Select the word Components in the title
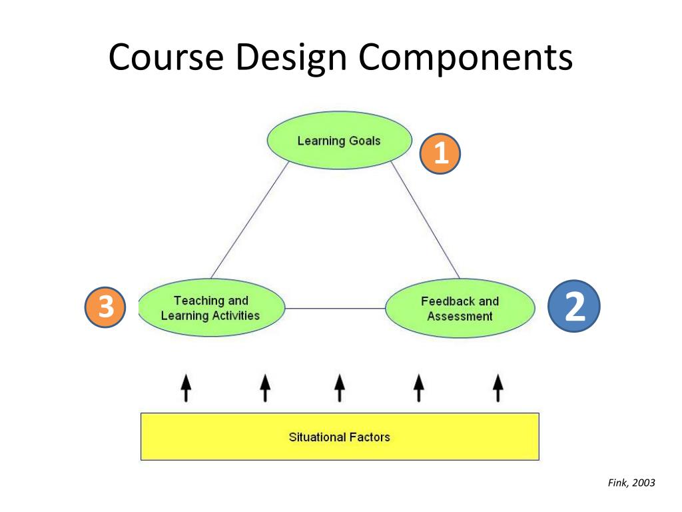coord(465,57)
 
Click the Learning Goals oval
coord(339,141)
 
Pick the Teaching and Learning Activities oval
coord(210,308)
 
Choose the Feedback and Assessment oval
coord(460,309)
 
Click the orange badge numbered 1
coord(440,155)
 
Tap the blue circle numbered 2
coord(573,307)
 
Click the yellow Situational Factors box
coord(339,437)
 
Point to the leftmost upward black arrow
coord(186,388)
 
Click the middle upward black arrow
coord(339,388)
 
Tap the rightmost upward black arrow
coord(498,388)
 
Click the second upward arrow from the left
coord(265,388)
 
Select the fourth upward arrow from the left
coord(418,388)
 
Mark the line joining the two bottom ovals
coord(335,309)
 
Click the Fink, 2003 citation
coord(631,483)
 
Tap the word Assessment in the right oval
coord(460,316)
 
